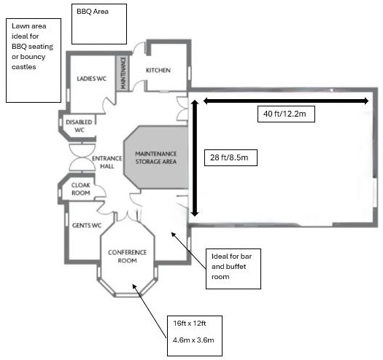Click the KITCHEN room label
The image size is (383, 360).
158,70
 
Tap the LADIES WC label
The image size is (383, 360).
92,79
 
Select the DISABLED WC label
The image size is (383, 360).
79,126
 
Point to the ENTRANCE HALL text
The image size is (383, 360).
107,163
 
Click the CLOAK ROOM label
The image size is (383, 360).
81,189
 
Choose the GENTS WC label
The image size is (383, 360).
87,225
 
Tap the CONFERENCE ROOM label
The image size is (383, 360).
127,257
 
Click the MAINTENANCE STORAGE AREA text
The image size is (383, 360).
156,157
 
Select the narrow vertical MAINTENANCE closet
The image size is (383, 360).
123,73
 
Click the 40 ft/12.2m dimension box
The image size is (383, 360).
286,114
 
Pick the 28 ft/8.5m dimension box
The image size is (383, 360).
231,157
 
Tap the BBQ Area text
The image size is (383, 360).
93,12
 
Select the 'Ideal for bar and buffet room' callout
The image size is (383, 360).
233,269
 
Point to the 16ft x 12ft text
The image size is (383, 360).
190,324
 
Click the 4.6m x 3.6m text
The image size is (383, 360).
193,340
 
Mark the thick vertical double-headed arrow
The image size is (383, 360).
195,158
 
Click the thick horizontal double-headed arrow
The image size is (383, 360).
286,101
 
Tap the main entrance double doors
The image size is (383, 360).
82,157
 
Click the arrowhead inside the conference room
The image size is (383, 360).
134,286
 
